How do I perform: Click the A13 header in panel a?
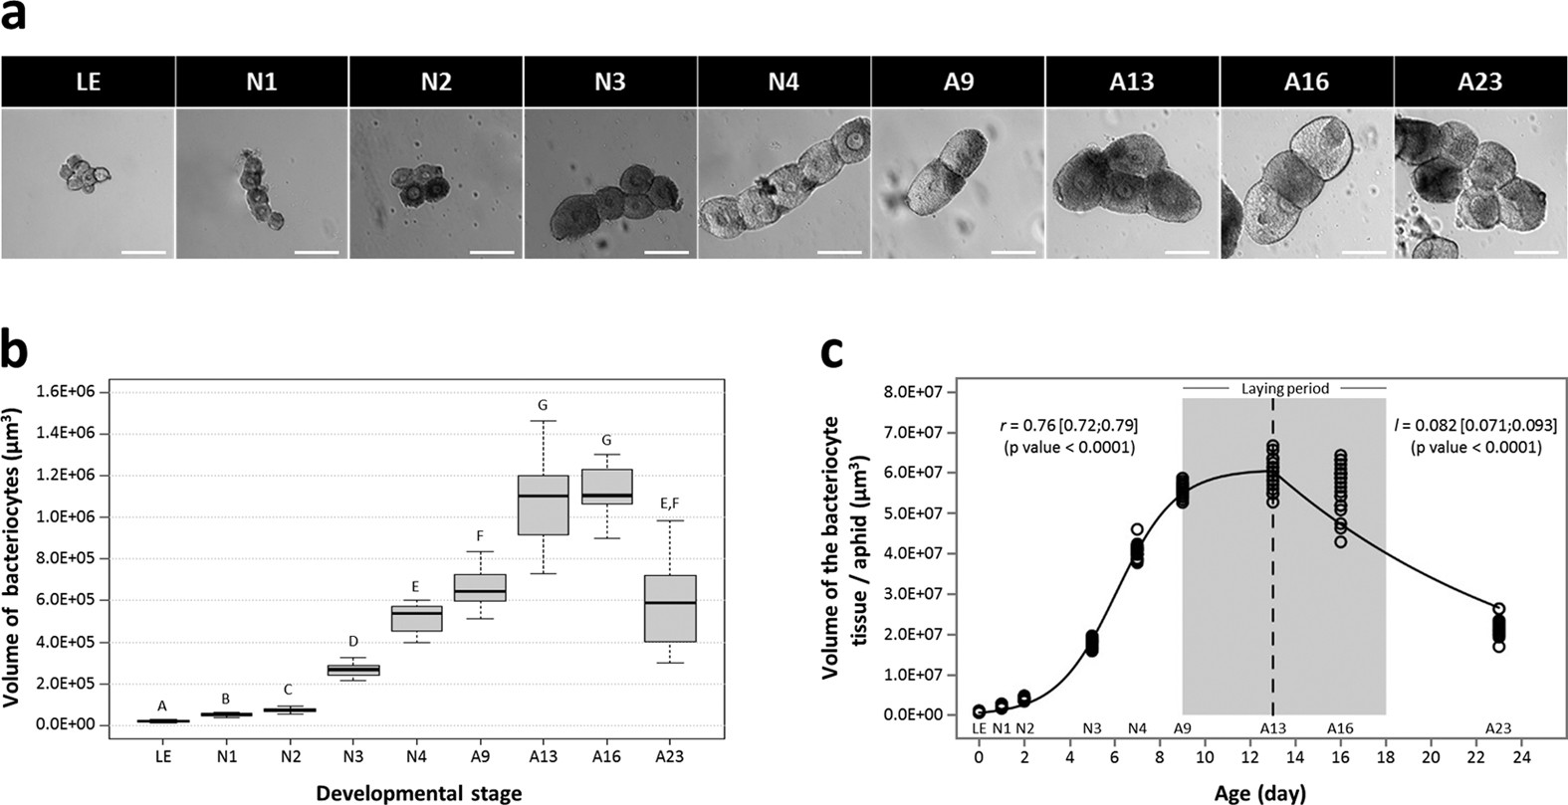(x=1132, y=82)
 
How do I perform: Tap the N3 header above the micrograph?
(x=609, y=82)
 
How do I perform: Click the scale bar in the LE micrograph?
(x=143, y=252)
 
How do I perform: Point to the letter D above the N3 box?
(x=352, y=641)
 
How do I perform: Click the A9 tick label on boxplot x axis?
(x=480, y=757)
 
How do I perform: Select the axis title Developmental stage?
(x=418, y=793)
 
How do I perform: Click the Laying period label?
(x=1284, y=389)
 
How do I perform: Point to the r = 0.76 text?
(x=1068, y=426)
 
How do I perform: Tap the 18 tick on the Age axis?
(x=1386, y=757)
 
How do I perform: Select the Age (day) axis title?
(x=1259, y=793)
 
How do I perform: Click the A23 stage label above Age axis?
(x=1498, y=728)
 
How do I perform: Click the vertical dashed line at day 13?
(x=1273, y=617)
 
